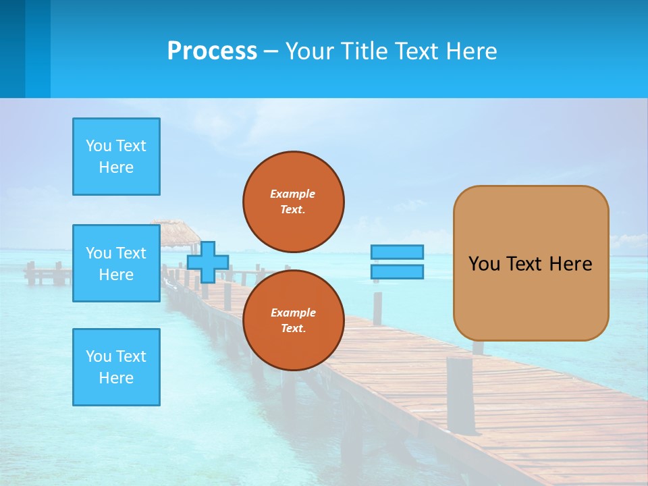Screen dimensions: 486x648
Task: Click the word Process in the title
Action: [212, 51]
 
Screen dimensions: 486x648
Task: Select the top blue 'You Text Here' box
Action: [116, 157]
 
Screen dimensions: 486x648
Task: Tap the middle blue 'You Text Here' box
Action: [116, 263]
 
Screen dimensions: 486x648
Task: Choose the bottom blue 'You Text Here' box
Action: [116, 367]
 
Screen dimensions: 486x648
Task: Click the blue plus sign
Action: [208, 263]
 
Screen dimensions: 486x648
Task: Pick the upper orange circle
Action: [294, 201]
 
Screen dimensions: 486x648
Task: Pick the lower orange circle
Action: [294, 320]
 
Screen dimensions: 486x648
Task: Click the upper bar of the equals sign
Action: [397, 252]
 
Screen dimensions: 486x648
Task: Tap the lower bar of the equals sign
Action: [397, 272]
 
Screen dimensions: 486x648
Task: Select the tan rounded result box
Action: [531, 263]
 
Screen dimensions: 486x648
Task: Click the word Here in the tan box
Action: [570, 264]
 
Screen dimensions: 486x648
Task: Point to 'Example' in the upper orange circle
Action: [293, 194]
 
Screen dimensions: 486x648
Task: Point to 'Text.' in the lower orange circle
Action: [293, 329]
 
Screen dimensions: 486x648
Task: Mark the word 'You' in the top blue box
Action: [98, 146]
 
